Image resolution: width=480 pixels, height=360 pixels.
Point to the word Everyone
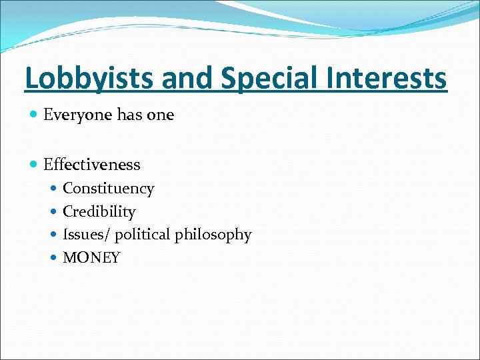77,115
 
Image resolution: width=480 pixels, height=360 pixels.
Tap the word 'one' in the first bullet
160,115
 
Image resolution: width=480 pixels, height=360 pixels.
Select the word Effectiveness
91,164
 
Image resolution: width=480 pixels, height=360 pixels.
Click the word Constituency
108,189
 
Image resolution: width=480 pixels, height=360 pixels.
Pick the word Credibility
99,212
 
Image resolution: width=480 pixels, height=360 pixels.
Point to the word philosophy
213,235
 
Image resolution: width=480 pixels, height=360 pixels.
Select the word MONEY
91,258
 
